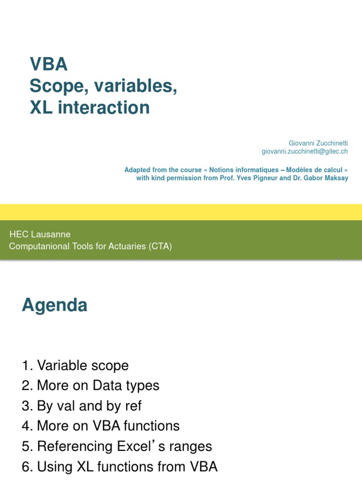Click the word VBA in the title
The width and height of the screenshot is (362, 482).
coord(49,64)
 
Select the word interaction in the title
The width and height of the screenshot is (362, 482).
coord(104,108)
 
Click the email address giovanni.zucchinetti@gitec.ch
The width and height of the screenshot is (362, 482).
coord(304,151)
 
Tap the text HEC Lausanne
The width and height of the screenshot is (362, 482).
coord(40,234)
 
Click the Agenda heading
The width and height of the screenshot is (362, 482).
coord(55,305)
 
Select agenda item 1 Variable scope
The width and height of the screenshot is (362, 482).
coord(75,366)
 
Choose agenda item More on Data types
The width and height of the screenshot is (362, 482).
coord(90,386)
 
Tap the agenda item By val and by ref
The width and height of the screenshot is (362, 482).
coord(82,406)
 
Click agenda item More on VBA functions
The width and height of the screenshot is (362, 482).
coord(100,426)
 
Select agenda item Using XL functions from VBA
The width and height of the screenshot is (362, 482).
coord(120,467)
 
